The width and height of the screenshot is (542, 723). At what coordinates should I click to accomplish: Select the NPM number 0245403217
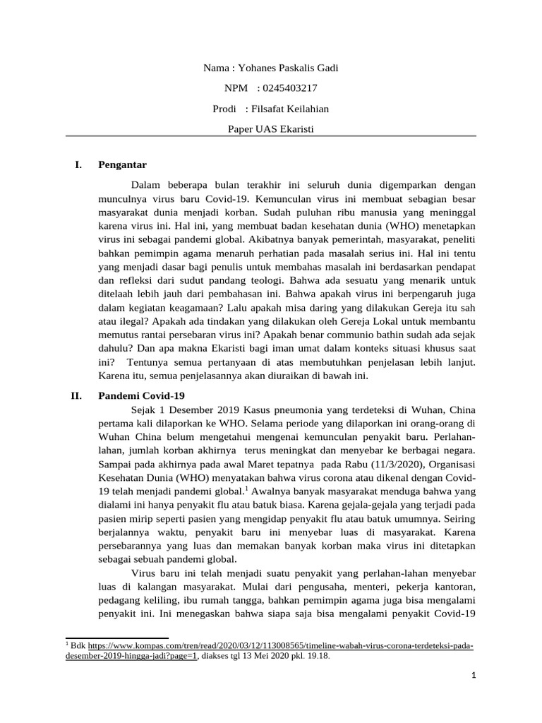[289, 88]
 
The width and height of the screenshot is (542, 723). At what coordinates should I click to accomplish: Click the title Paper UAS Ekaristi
[270, 129]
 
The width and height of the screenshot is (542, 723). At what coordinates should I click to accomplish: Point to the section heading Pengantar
[122, 165]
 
